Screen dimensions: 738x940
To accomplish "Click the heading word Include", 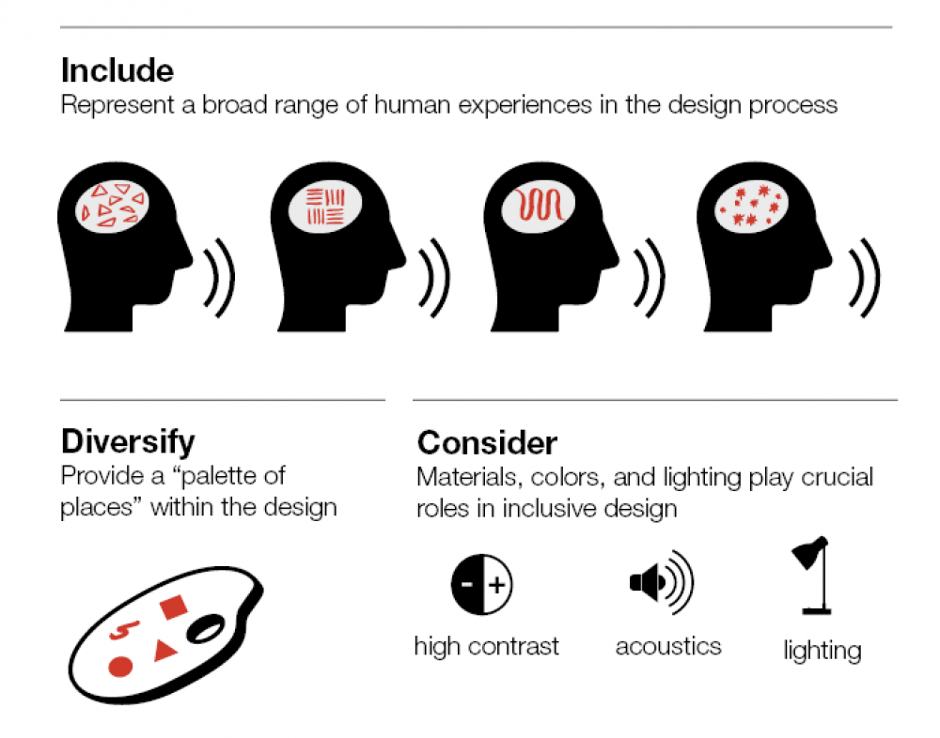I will pos(117,70).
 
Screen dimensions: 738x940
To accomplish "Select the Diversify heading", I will pos(128,440).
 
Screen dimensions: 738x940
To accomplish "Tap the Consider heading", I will pos(487,442).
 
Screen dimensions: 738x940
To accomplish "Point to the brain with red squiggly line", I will pos(538,206).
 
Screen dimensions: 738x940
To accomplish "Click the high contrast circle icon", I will pos(482,585).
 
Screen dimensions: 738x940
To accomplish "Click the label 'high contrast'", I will pos(486,646).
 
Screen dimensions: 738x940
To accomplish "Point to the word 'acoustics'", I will pos(668,646).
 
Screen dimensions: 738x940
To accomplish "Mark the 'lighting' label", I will pos(822,650).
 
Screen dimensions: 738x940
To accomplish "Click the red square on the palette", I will pos(172,608).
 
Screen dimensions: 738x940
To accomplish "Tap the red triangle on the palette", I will pos(164,647).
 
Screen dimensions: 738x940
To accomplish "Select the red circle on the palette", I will pos(119,668).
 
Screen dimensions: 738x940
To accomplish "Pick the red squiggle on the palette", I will pos(119,632).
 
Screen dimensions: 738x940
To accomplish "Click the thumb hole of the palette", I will pos(205,627).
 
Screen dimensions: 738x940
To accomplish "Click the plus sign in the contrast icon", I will pos(497,586).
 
